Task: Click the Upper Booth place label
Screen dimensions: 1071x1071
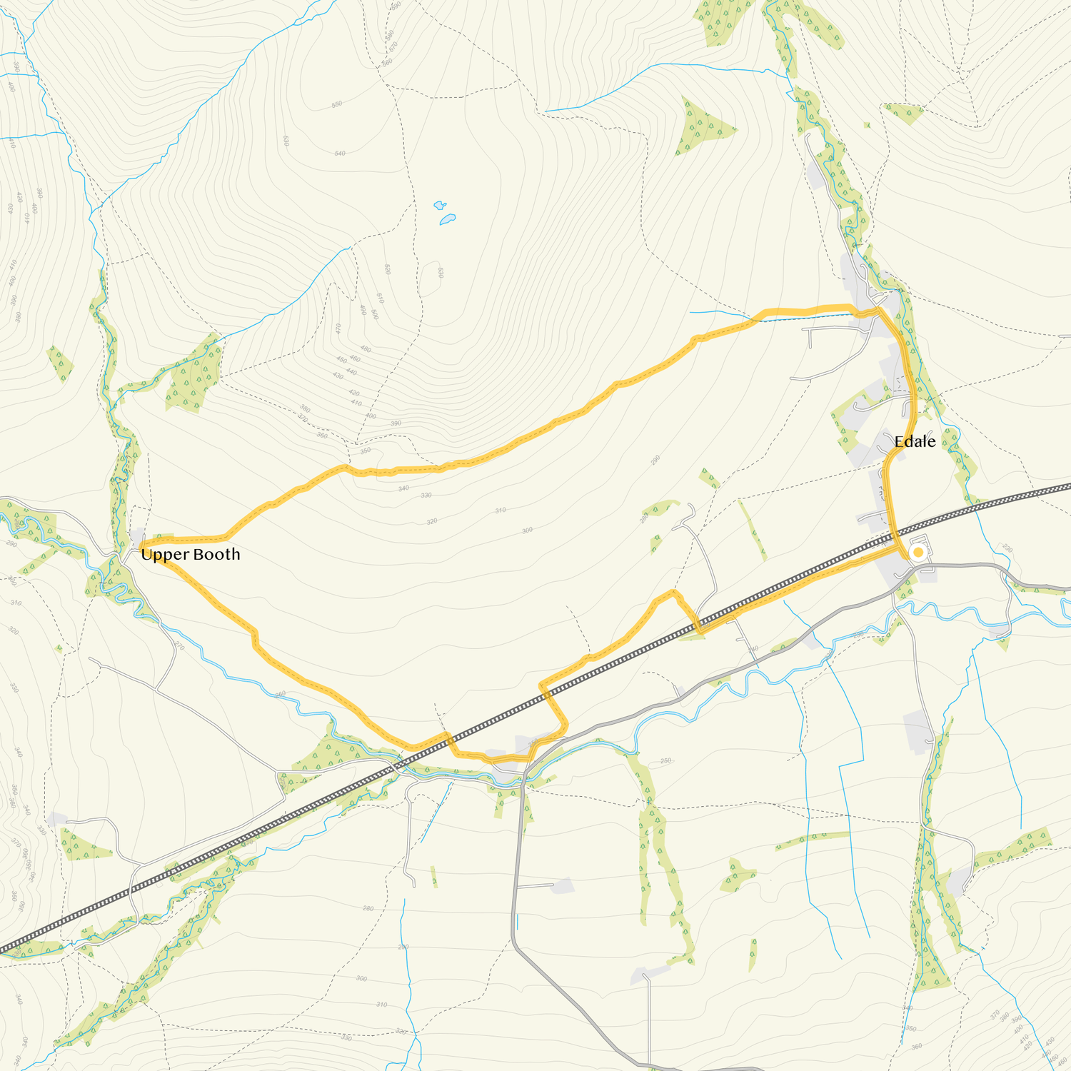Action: (x=190, y=554)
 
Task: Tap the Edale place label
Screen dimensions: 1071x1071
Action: (x=915, y=442)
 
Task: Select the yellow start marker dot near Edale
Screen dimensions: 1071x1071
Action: (x=918, y=552)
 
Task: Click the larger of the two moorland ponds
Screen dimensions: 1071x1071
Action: (x=448, y=218)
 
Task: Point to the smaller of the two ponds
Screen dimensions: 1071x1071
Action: (x=440, y=206)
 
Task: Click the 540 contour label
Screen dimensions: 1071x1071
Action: (x=340, y=154)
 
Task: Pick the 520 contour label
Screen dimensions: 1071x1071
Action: (x=387, y=269)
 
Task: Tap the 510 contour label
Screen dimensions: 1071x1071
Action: (x=380, y=298)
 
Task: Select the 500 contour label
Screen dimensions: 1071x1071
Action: (x=374, y=313)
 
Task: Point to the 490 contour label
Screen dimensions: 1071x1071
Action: (x=363, y=311)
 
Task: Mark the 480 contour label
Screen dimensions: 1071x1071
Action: (x=366, y=349)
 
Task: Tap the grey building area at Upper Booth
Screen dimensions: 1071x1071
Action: (x=136, y=536)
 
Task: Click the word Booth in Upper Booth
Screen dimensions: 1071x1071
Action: (x=216, y=554)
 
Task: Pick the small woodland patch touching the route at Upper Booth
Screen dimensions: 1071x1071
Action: (x=163, y=535)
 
